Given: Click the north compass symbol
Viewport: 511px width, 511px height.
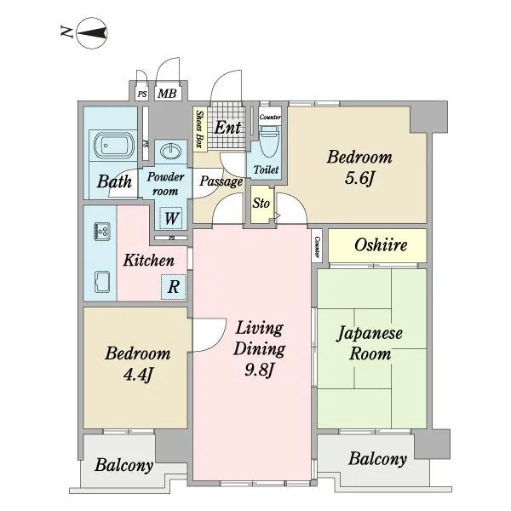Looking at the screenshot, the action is point(92,33).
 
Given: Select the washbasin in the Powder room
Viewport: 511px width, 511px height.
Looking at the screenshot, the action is point(171,152).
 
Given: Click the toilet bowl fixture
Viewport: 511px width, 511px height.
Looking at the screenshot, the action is point(269,143).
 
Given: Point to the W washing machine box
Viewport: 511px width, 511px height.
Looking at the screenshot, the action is point(172,218).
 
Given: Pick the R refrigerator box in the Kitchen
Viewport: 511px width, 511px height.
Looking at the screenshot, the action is point(174,287).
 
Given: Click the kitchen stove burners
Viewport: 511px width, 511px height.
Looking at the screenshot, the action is point(102,231).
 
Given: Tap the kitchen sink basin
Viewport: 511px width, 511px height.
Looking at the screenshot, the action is point(102,282).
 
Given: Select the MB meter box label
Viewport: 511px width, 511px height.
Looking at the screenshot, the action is point(167,94).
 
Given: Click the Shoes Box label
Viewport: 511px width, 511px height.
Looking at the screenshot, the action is point(199,129).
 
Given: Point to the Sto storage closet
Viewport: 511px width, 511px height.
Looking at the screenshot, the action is point(261,204).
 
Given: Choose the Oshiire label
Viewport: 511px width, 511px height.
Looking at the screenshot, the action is point(381,244).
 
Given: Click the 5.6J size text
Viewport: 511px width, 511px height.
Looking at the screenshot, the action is point(359,178).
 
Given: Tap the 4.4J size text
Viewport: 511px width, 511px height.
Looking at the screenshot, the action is point(138,375).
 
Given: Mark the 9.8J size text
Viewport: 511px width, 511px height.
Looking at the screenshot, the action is point(259,370).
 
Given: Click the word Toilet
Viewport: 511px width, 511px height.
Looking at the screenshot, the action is point(266,169).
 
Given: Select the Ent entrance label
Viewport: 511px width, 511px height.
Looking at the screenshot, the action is point(227,127).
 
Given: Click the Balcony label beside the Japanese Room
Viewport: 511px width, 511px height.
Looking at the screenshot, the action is point(377,459).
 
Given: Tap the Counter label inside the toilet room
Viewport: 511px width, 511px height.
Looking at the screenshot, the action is point(270,117).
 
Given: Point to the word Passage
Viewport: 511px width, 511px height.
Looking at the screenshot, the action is point(221,181).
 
